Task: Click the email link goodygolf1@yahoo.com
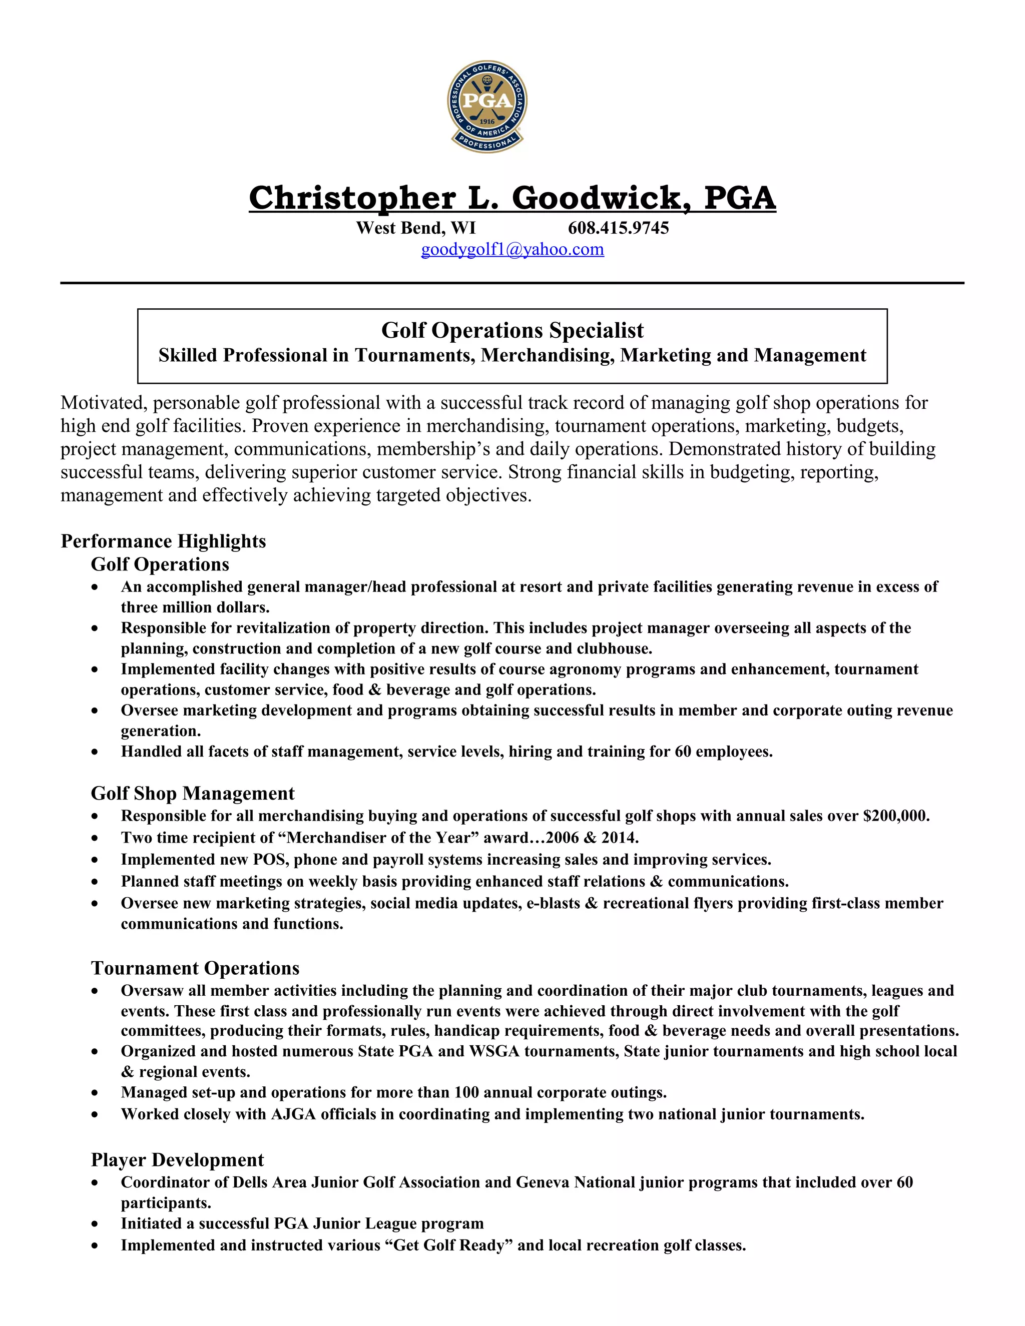coord(512,250)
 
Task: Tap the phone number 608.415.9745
coord(618,228)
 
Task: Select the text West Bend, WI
coord(416,228)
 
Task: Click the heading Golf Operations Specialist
coord(512,330)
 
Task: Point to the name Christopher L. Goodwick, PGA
coord(512,199)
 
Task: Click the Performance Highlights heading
coord(163,541)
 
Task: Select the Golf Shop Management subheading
coord(193,794)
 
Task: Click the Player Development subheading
coord(177,1160)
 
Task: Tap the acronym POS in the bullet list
coord(269,860)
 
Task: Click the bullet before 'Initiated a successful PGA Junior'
coord(95,1224)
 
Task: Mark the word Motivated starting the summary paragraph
coord(102,403)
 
